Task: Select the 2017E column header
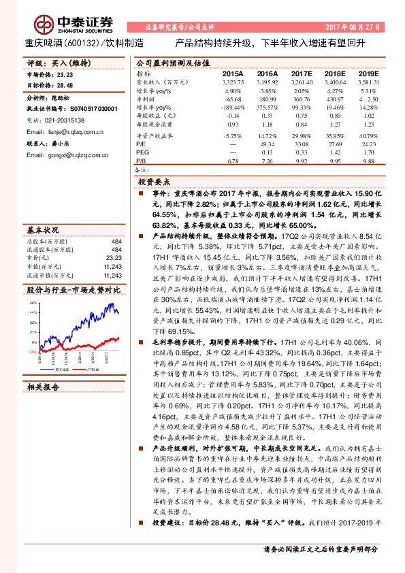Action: tap(302, 72)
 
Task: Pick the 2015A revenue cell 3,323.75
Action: tap(233, 81)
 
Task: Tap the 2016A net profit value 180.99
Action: tap(267, 99)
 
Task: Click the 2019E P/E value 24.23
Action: tap(369, 144)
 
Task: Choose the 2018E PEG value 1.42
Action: tap(335, 152)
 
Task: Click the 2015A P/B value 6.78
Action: tap(233, 161)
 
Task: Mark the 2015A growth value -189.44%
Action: tap(233, 108)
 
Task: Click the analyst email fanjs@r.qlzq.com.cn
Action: tap(61, 130)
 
